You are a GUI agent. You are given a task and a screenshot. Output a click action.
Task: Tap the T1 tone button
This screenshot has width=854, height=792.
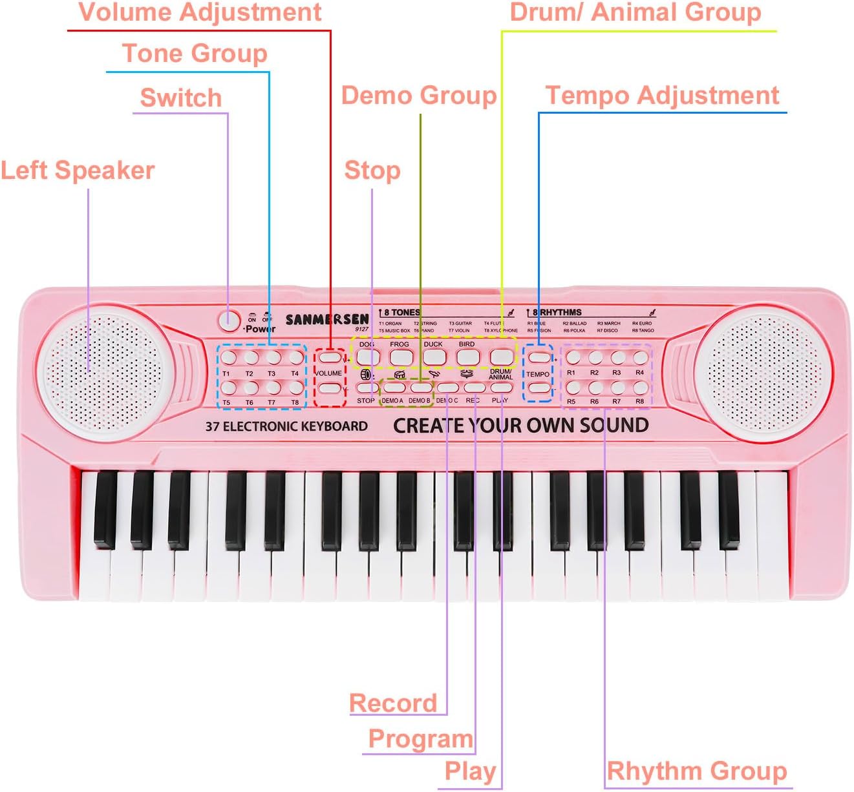[228, 357]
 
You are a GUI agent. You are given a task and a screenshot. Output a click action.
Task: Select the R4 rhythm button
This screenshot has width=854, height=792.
[640, 357]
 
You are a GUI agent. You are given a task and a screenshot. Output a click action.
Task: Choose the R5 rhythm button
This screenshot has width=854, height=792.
[573, 388]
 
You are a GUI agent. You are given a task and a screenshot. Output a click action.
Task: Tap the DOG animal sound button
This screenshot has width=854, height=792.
[367, 356]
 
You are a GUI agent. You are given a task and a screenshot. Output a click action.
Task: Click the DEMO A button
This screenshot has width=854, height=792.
[392, 388]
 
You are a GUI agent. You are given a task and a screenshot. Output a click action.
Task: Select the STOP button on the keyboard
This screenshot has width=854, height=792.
[367, 388]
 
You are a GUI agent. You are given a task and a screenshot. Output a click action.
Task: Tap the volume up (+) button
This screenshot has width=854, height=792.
[330, 357]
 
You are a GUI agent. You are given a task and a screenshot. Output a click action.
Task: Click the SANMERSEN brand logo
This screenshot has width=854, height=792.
[327, 319]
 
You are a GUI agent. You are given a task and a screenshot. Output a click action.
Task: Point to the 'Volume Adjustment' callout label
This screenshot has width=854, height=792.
[200, 12]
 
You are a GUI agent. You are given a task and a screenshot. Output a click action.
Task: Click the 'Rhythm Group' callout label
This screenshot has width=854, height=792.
[696, 771]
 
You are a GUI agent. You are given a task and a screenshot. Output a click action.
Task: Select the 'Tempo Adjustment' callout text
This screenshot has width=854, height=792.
[662, 96]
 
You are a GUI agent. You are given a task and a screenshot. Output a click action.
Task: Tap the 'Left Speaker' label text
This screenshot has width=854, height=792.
[78, 171]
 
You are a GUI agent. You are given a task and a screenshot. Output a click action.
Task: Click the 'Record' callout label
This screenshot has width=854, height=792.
[393, 703]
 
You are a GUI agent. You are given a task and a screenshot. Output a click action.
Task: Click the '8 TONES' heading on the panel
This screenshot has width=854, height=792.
[401, 312]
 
